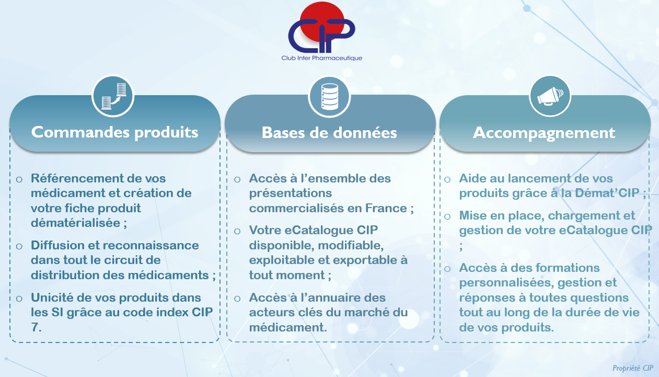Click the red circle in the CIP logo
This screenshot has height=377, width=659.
tap(321, 18)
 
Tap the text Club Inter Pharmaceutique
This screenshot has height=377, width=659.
tap(321, 58)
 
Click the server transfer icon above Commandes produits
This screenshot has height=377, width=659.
tap(113, 96)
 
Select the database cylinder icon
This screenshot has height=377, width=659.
tap(329, 97)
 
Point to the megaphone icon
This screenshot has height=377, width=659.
tap(550, 96)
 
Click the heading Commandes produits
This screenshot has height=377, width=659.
tap(115, 132)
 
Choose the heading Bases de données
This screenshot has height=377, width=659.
tap(329, 133)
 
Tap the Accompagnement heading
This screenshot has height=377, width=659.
tap(544, 133)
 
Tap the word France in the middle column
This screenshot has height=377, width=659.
tap(386, 208)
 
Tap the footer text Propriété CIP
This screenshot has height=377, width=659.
tap(633, 368)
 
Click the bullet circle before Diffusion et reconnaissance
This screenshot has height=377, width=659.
tap(19, 246)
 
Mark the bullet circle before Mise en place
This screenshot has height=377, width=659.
tap(447, 216)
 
